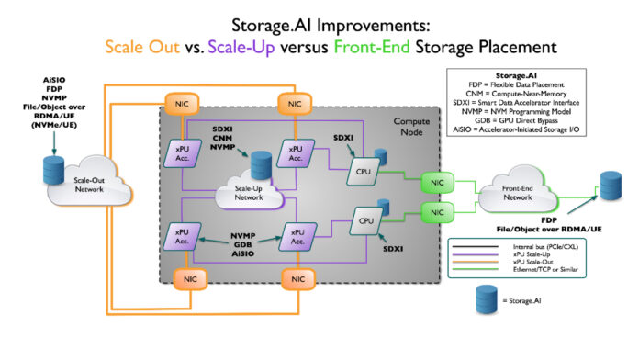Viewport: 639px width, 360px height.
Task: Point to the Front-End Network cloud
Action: click(x=517, y=195)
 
